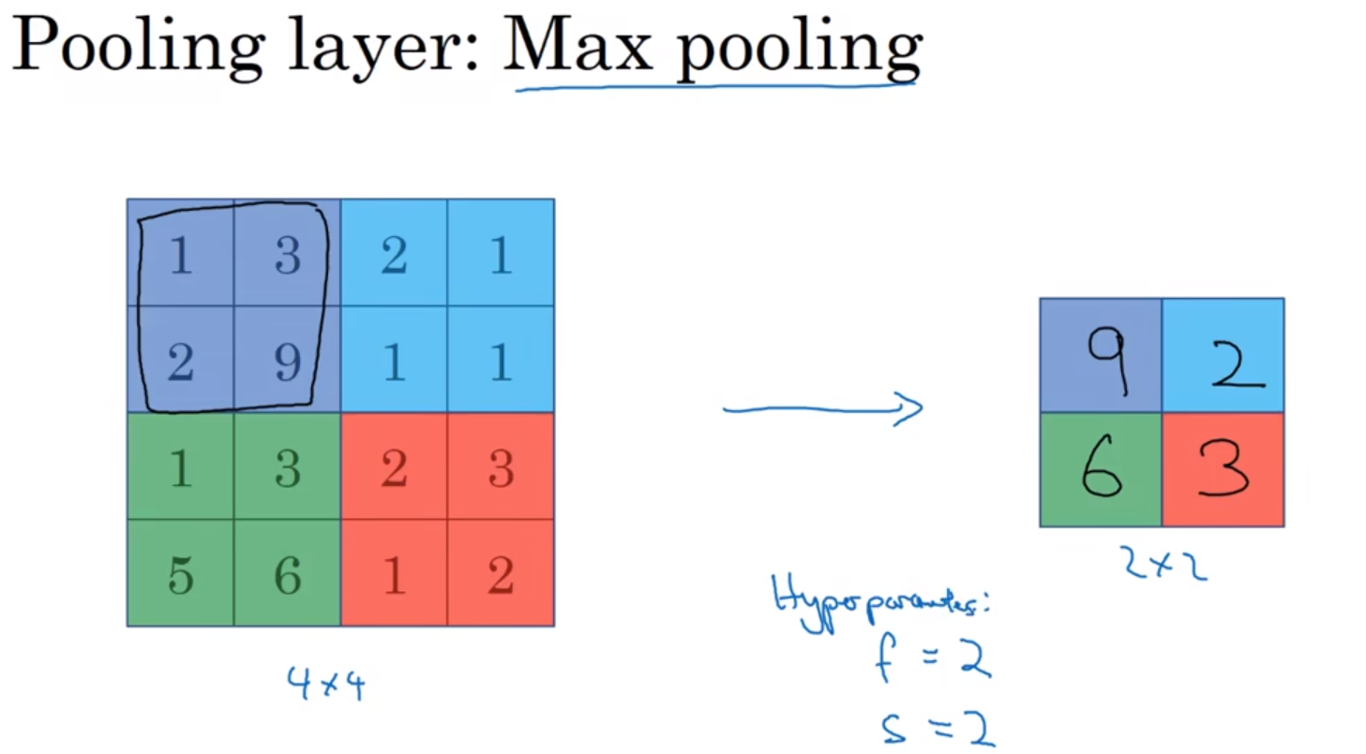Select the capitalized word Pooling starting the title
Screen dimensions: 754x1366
pyautogui.click(x=133, y=49)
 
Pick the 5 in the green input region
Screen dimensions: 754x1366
pyautogui.click(x=180, y=575)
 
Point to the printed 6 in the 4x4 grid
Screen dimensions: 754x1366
pyautogui.click(x=288, y=575)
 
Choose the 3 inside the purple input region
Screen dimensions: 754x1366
pyautogui.click(x=288, y=256)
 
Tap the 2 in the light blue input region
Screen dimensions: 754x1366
pyautogui.click(x=394, y=256)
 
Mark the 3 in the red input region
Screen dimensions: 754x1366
pyautogui.click(x=501, y=468)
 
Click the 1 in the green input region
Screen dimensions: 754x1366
pyautogui.click(x=180, y=468)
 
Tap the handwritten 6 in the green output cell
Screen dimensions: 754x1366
pyautogui.click(x=1103, y=468)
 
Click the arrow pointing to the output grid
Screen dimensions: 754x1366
pyautogui.click(x=823, y=408)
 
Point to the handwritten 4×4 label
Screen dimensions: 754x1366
pyautogui.click(x=326, y=683)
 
